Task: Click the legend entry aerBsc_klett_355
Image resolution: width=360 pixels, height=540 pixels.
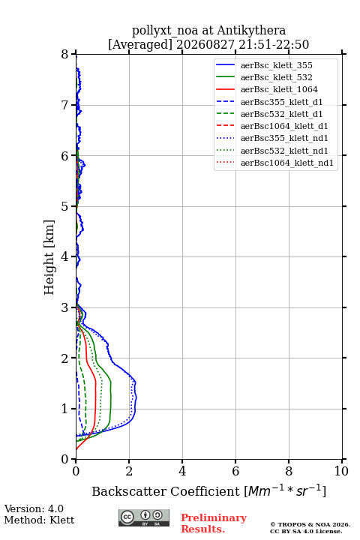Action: tap(276, 65)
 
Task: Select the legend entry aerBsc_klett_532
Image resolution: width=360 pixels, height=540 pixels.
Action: tap(276, 77)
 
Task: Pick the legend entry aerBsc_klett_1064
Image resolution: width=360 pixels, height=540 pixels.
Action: tap(279, 89)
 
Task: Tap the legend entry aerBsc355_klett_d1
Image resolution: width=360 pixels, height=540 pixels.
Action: tap(281, 102)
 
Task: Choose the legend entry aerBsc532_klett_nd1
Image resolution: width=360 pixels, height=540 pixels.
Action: tap(284, 151)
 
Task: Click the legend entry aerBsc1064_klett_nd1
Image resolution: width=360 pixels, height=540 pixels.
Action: tap(287, 163)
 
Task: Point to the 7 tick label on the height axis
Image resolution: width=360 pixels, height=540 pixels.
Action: tap(65, 105)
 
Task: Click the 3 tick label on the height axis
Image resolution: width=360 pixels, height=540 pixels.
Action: tap(65, 307)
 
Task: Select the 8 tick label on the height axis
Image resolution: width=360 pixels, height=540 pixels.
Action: tap(65, 55)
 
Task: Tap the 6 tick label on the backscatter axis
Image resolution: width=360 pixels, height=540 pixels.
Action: tap(235, 471)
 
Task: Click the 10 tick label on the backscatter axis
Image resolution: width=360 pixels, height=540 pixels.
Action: tap(341, 471)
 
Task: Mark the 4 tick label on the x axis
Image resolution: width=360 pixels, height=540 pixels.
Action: tap(182, 471)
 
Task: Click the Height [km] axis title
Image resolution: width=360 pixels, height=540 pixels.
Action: tap(49, 257)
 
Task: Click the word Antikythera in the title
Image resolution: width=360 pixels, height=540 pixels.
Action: tap(251, 30)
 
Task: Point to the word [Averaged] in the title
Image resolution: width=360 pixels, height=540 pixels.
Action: tap(139, 44)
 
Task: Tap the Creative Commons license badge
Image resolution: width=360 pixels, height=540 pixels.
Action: tap(144, 517)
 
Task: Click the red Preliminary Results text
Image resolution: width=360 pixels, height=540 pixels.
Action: tap(214, 523)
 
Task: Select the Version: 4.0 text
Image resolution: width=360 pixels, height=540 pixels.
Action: tap(34, 508)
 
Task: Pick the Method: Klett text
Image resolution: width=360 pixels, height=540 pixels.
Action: tap(39, 520)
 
